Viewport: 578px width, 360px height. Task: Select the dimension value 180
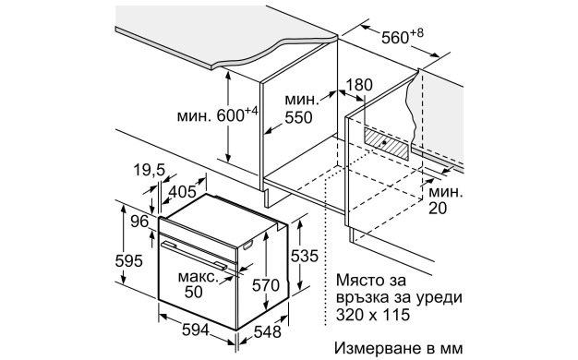pos(358,85)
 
